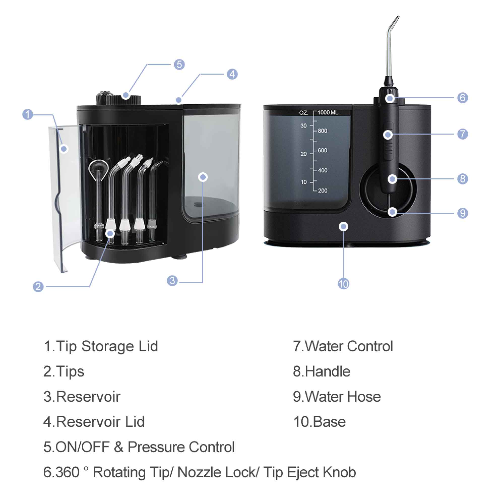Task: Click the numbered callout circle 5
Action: coord(179,65)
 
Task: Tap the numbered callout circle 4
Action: coord(232,74)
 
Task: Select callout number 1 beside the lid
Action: coord(28,114)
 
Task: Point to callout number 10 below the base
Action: coord(343,284)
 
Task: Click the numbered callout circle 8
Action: coord(462,179)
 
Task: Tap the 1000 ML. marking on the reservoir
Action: coord(328,113)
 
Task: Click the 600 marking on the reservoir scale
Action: coord(323,150)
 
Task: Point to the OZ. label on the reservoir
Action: coord(303,113)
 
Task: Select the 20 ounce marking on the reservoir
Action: coord(303,154)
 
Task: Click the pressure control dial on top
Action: coord(124,99)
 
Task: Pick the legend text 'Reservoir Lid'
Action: coord(100,422)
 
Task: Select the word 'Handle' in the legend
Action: coord(327,371)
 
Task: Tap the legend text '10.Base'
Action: coord(319,422)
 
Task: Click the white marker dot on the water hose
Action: coord(392,212)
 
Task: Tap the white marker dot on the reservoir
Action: coord(203,177)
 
